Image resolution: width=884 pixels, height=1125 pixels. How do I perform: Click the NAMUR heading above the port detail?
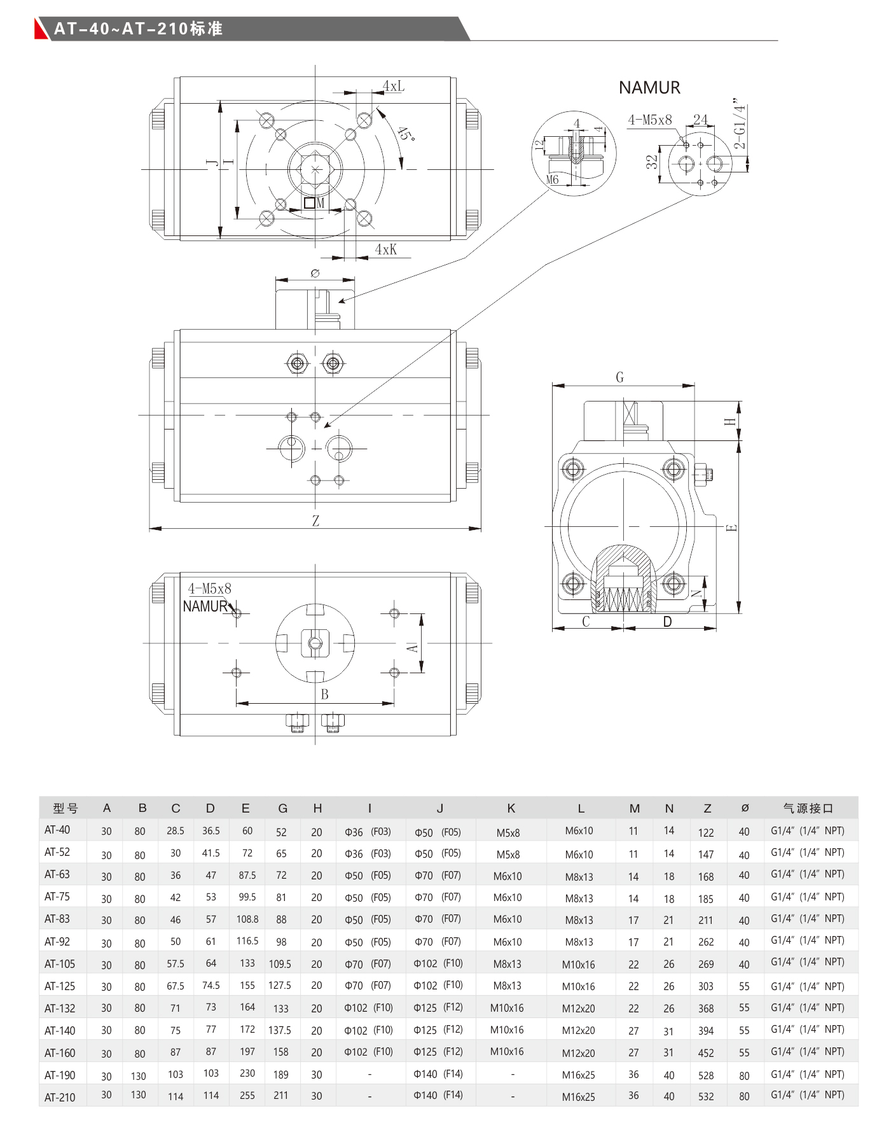(649, 88)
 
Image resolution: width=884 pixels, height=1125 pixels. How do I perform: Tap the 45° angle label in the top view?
(405, 134)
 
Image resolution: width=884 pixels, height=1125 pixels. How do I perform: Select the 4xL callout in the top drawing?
(393, 86)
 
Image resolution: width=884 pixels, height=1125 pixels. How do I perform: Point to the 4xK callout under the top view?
(385, 249)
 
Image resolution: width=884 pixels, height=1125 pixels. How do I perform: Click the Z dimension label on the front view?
(315, 521)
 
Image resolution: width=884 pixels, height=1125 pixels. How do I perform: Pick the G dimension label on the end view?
(620, 377)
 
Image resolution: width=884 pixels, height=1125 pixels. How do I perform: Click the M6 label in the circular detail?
(552, 180)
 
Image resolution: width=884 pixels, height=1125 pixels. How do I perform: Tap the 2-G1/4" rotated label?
(739, 123)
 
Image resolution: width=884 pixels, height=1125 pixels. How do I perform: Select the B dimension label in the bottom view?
(324, 694)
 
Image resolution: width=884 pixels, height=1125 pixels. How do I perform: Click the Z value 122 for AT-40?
(705, 832)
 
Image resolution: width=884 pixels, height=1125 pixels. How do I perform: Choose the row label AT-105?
(60, 964)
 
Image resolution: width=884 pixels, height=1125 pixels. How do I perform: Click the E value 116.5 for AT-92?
(247, 940)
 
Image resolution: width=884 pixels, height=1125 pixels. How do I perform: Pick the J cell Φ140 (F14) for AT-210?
(438, 1095)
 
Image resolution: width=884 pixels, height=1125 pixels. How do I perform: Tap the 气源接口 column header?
(808, 808)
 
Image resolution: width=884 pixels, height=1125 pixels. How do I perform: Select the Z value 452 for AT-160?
(705, 1053)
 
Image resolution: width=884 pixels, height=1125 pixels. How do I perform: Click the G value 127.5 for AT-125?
(280, 985)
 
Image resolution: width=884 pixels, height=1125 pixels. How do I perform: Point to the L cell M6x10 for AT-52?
(579, 855)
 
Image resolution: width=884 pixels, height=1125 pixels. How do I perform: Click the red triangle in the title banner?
(41, 29)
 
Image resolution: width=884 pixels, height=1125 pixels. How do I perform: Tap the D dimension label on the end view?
(667, 622)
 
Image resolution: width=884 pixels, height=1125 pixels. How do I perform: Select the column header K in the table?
(511, 808)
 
